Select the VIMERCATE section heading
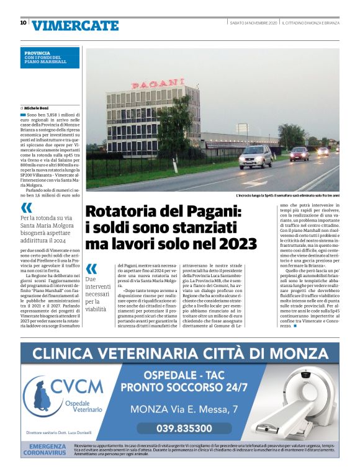[x=75, y=25]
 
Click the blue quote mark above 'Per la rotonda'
[x=26, y=207]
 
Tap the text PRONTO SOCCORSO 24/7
[x=184, y=388]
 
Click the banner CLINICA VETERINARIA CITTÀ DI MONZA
[x=179, y=353]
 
